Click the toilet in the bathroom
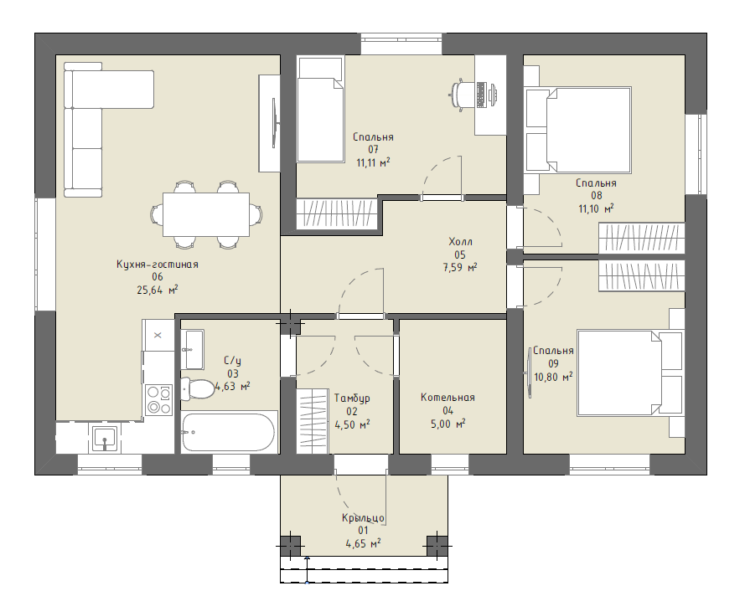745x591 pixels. [197, 388]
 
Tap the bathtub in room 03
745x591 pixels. [229, 432]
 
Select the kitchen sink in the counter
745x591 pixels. [105, 439]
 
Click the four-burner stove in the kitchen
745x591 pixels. [158, 399]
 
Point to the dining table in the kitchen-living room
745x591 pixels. [206, 214]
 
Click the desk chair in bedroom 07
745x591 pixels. [459, 95]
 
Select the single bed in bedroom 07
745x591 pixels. [320, 110]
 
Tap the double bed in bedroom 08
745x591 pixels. [588, 130]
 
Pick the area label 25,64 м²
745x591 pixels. [158, 290]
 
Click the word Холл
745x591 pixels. [460, 242]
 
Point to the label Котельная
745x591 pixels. [448, 398]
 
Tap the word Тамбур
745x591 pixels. [352, 398]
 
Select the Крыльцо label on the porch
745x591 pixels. [363, 518]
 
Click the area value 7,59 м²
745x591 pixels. [460, 268]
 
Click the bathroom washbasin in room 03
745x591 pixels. [193, 349]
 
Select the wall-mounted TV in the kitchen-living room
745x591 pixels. [275, 123]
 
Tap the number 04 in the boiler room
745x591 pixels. [448, 411]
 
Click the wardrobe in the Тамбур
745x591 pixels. [313, 421]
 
